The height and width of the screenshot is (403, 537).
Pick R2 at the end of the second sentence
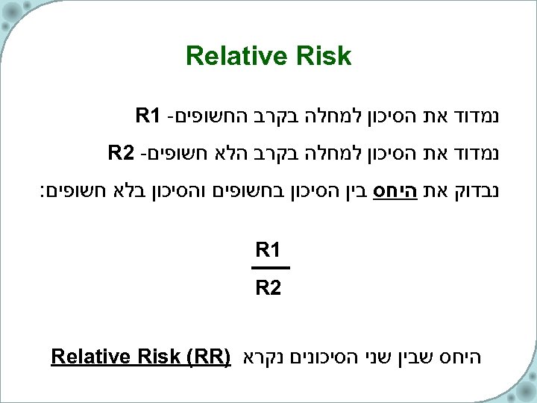click(122, 154)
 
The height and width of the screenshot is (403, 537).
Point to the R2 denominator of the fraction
click(270, 287)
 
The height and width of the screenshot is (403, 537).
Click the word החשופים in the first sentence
click(205, 116)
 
